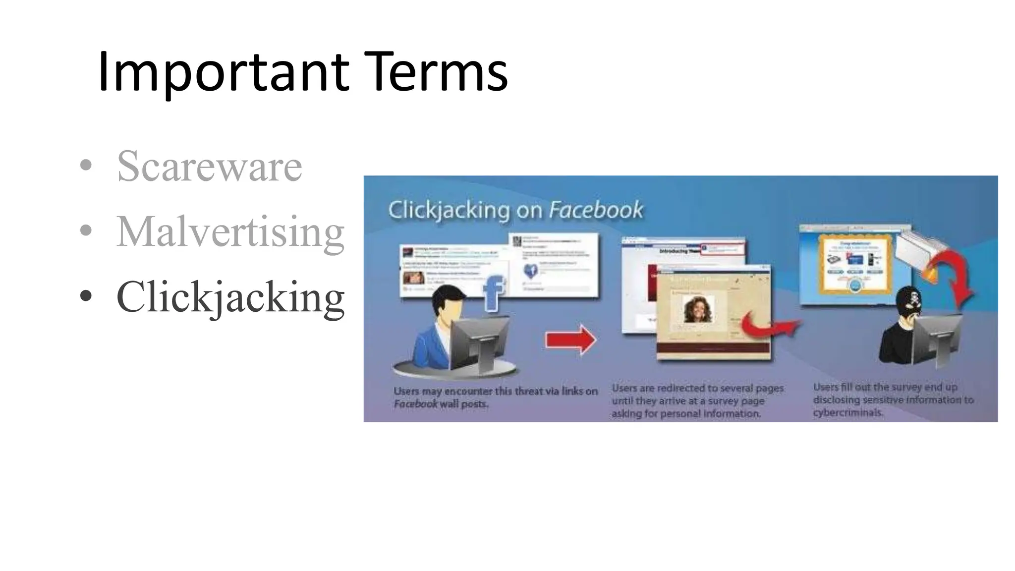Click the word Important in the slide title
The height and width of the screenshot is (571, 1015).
(223, 72)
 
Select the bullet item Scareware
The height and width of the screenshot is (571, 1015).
(209, 166)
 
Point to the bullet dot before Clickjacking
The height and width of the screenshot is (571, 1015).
(86, 296)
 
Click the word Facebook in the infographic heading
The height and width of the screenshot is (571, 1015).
(596, 210)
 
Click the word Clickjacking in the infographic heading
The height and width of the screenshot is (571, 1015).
(449, 210)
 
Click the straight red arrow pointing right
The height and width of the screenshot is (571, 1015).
(570, 340)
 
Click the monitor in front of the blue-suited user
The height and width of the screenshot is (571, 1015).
(479, 342)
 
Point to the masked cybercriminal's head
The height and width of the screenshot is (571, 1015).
(909, 302)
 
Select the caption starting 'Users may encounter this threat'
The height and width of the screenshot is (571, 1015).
(495, 398)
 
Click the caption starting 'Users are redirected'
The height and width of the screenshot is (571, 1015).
(698, 400)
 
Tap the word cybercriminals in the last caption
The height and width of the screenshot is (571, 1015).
(848, 413)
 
